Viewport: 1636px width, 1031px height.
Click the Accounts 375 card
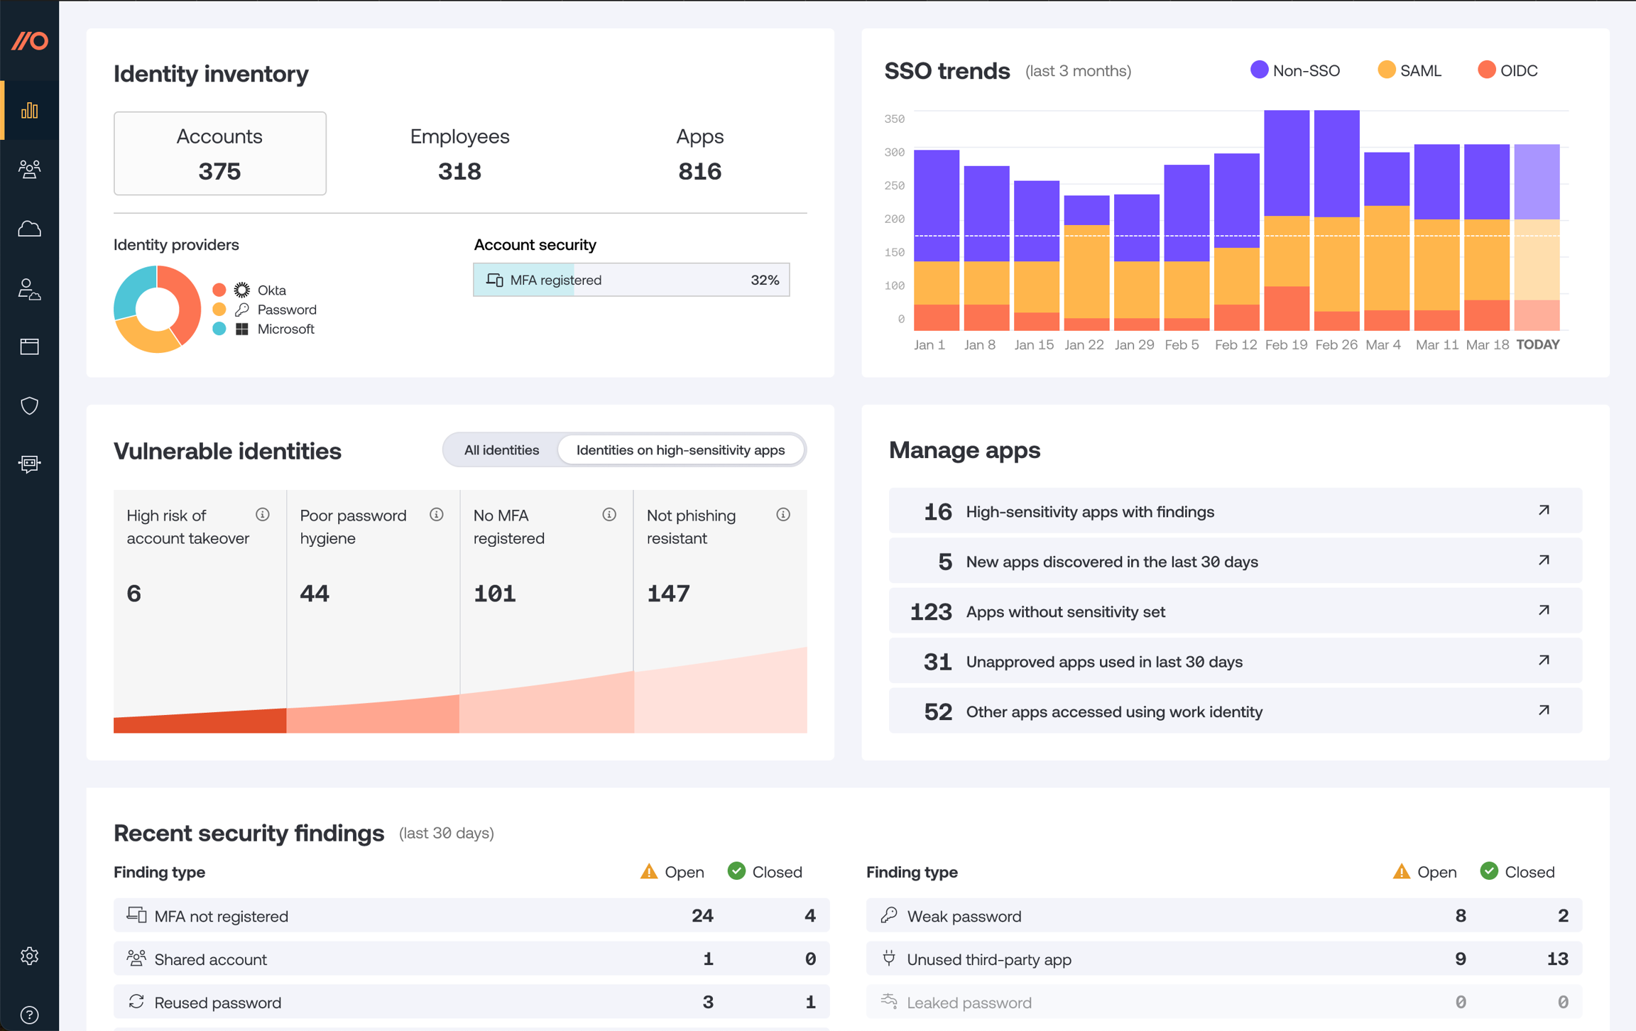[219, 153]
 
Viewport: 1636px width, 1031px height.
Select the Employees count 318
[459, 171]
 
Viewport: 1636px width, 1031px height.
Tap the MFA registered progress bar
[631, 280]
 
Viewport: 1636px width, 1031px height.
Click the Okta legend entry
[271, 290]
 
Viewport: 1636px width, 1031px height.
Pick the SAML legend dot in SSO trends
[1385, 70]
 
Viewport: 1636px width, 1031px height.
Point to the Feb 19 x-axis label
[1285, 345]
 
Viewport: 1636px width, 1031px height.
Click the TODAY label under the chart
[1537, 345]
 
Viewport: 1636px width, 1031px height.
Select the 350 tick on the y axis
[894, 119]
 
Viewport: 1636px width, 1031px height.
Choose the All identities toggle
[501, 450]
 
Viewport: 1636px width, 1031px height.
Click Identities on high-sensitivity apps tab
[680, 450]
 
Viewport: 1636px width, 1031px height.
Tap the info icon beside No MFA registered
[609, 515]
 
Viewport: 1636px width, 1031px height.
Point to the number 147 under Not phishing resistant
[668, 594]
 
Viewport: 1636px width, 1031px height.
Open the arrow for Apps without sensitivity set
[1544, 611]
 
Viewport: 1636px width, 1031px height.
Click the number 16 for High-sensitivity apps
[937, 512]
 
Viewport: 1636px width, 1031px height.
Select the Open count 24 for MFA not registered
[702, 916]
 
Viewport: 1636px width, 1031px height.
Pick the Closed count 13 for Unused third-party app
[1556, 959]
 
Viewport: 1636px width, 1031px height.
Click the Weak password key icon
[888, 915]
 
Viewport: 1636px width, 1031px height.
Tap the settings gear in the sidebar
[29, 956]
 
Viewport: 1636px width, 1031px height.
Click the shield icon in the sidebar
[29, 405]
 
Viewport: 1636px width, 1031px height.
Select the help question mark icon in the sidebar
[29, 1015]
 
